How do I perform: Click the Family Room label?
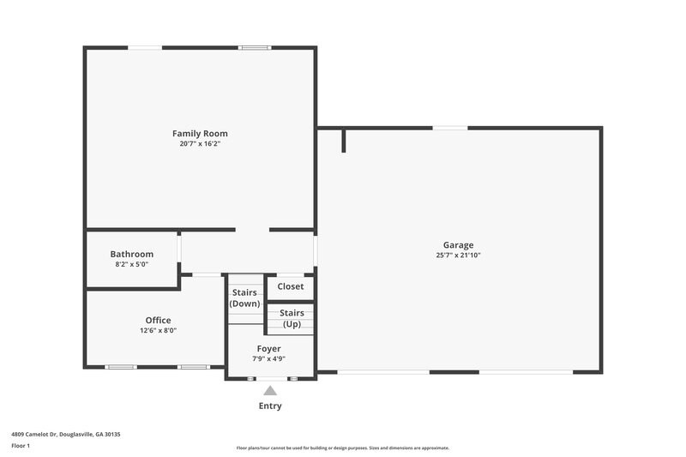200,134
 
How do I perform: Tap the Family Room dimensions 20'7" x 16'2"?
200,144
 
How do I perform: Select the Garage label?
458,245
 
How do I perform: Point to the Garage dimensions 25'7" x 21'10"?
458,256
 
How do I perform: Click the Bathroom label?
132,255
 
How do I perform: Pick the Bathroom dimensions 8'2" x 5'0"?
132,265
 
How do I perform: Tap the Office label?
158,321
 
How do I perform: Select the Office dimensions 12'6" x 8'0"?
158,331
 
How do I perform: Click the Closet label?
291,286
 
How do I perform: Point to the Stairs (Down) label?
244,298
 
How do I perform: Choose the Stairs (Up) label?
292,318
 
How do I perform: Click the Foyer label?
268,349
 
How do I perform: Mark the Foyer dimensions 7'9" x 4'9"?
268,359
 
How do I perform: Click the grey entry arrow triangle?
270,391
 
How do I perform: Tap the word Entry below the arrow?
270,406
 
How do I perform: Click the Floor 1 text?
21,447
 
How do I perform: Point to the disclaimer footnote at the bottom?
342,448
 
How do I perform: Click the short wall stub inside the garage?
344,141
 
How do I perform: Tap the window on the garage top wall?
449,129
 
